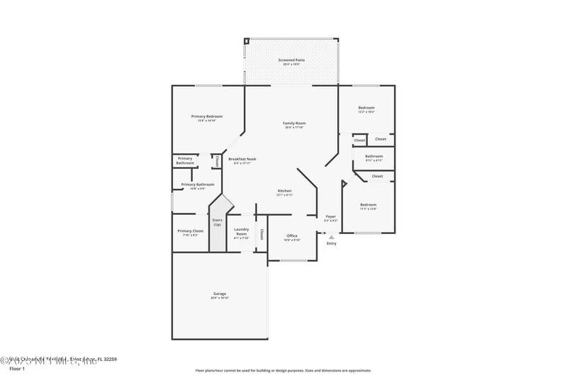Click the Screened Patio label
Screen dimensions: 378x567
point(291,60)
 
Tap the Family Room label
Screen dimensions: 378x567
point(294,123)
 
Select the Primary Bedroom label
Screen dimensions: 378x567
point(207,116)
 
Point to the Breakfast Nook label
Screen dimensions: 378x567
point(242,159)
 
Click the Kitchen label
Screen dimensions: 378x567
point(284,191)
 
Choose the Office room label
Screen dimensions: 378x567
point(292,235)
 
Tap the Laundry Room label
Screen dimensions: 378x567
point(242,231)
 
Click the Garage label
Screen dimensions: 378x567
point(220,294)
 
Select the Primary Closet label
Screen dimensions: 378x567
point(190,230)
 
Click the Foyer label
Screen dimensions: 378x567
point(331,216)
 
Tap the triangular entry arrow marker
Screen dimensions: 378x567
point(331,237)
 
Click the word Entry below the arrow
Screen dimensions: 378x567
point(331,243)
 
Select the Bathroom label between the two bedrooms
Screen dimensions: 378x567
point(374,156)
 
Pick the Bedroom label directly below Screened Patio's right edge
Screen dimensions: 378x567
point(366,108)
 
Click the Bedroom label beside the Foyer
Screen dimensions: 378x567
point(368,205)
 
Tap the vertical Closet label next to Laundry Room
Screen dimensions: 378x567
point(262,233)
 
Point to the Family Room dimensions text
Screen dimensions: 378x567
point(294,128)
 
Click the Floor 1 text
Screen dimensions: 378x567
point(16,369)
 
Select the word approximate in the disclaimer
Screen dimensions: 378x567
point(356,370)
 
